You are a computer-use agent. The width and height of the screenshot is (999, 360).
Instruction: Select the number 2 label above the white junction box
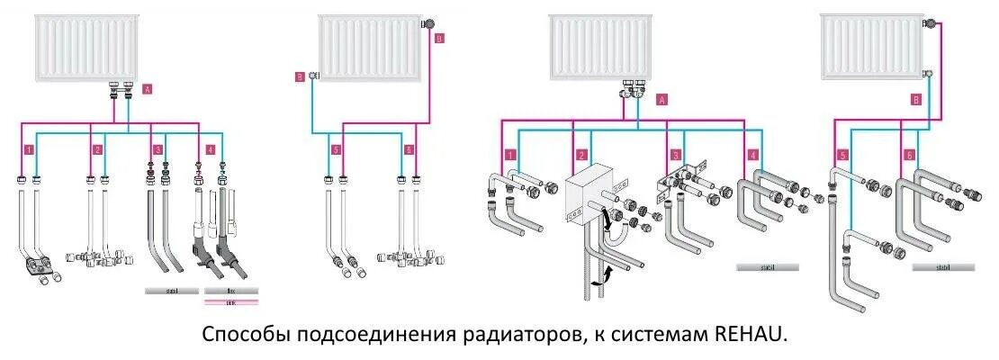581,155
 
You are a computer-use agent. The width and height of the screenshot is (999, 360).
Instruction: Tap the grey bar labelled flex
231,291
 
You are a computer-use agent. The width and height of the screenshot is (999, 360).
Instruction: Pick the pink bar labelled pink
231,302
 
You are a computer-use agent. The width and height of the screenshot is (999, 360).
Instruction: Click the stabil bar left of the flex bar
170,291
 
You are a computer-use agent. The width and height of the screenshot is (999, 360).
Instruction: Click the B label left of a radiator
301,76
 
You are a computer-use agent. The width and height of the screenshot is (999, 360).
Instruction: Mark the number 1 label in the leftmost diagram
30,148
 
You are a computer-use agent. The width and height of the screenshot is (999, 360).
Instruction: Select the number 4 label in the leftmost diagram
210,148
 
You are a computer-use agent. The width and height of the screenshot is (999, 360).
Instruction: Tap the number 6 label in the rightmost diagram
910,155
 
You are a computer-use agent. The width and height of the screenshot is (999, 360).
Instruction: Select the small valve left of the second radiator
313,76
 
